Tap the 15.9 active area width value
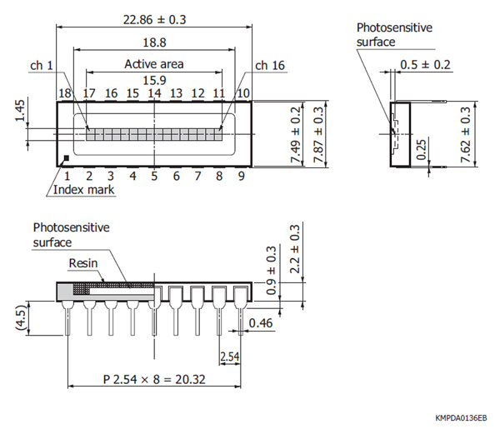pos(154,80)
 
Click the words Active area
pos(154,63)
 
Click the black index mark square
pos(67,157)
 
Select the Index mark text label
pos(84,190)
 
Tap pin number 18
pos(65,93)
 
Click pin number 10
pos(242,93)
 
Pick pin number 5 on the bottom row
pos(154,176)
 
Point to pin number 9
pos(241,176)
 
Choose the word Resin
pos(83,262)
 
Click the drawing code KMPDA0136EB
pos(461,417)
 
